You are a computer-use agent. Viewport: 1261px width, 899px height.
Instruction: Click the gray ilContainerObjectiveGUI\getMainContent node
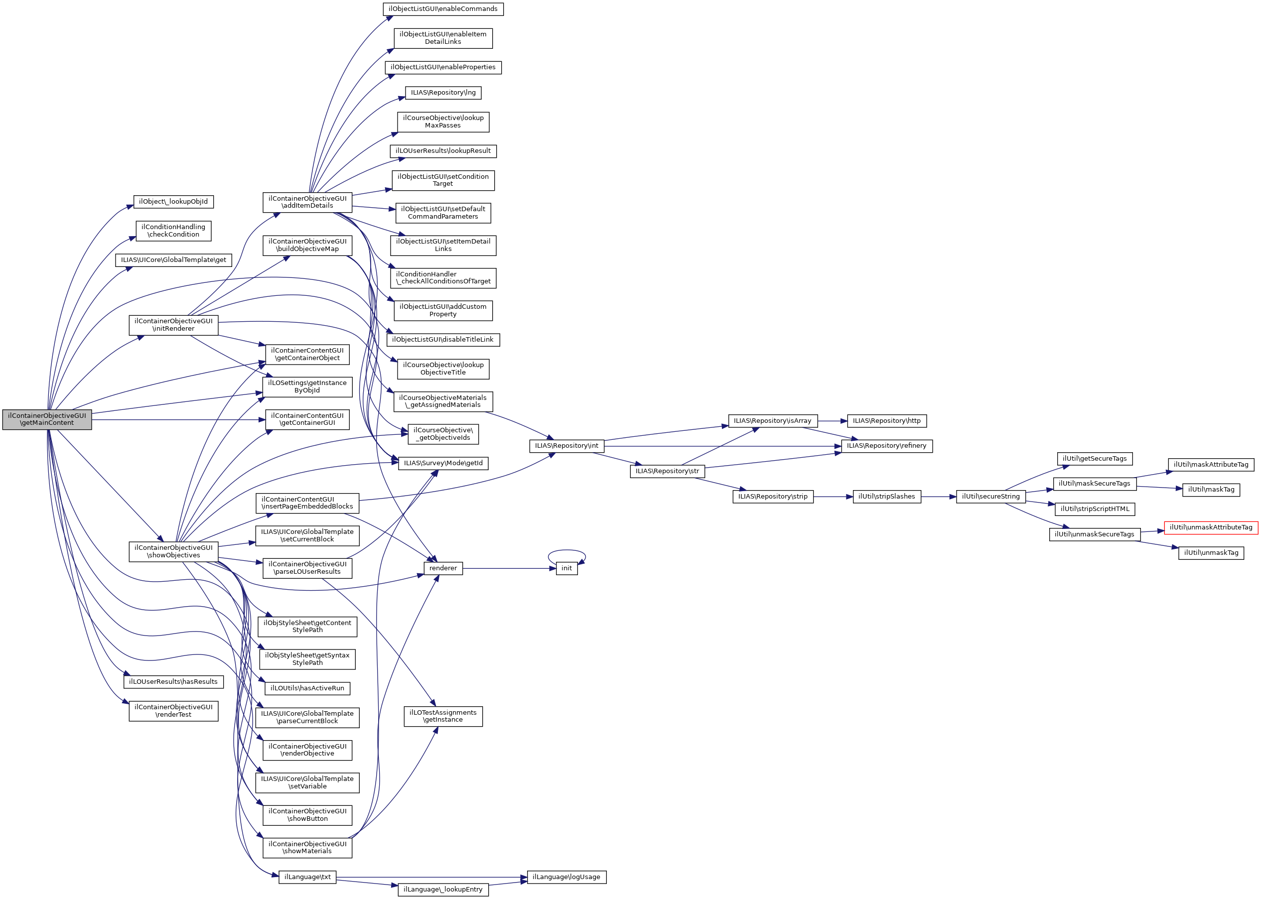[47, 419]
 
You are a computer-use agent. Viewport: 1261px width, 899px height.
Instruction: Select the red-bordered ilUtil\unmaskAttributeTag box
[1211, 527]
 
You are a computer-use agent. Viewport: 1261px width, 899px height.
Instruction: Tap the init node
[566, 568]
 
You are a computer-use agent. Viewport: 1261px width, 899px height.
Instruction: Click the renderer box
[443, 568]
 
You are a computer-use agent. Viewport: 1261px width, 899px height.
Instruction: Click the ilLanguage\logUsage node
[566, 878]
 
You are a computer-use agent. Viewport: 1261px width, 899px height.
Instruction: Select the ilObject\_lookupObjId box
[173, 202]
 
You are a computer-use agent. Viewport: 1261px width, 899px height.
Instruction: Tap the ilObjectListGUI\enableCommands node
[443, 9]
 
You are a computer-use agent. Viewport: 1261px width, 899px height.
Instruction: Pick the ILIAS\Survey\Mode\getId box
[443, 463]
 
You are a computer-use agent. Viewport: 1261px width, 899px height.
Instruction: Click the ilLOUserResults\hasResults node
[173, 682]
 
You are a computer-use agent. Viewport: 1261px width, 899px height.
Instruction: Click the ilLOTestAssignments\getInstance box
[443, 716]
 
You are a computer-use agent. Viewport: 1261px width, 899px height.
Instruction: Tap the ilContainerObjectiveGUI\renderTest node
[173, 711]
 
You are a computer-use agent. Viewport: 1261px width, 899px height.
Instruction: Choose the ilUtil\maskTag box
[1211, 490]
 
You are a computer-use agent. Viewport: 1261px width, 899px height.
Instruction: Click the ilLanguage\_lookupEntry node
[443, 890]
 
